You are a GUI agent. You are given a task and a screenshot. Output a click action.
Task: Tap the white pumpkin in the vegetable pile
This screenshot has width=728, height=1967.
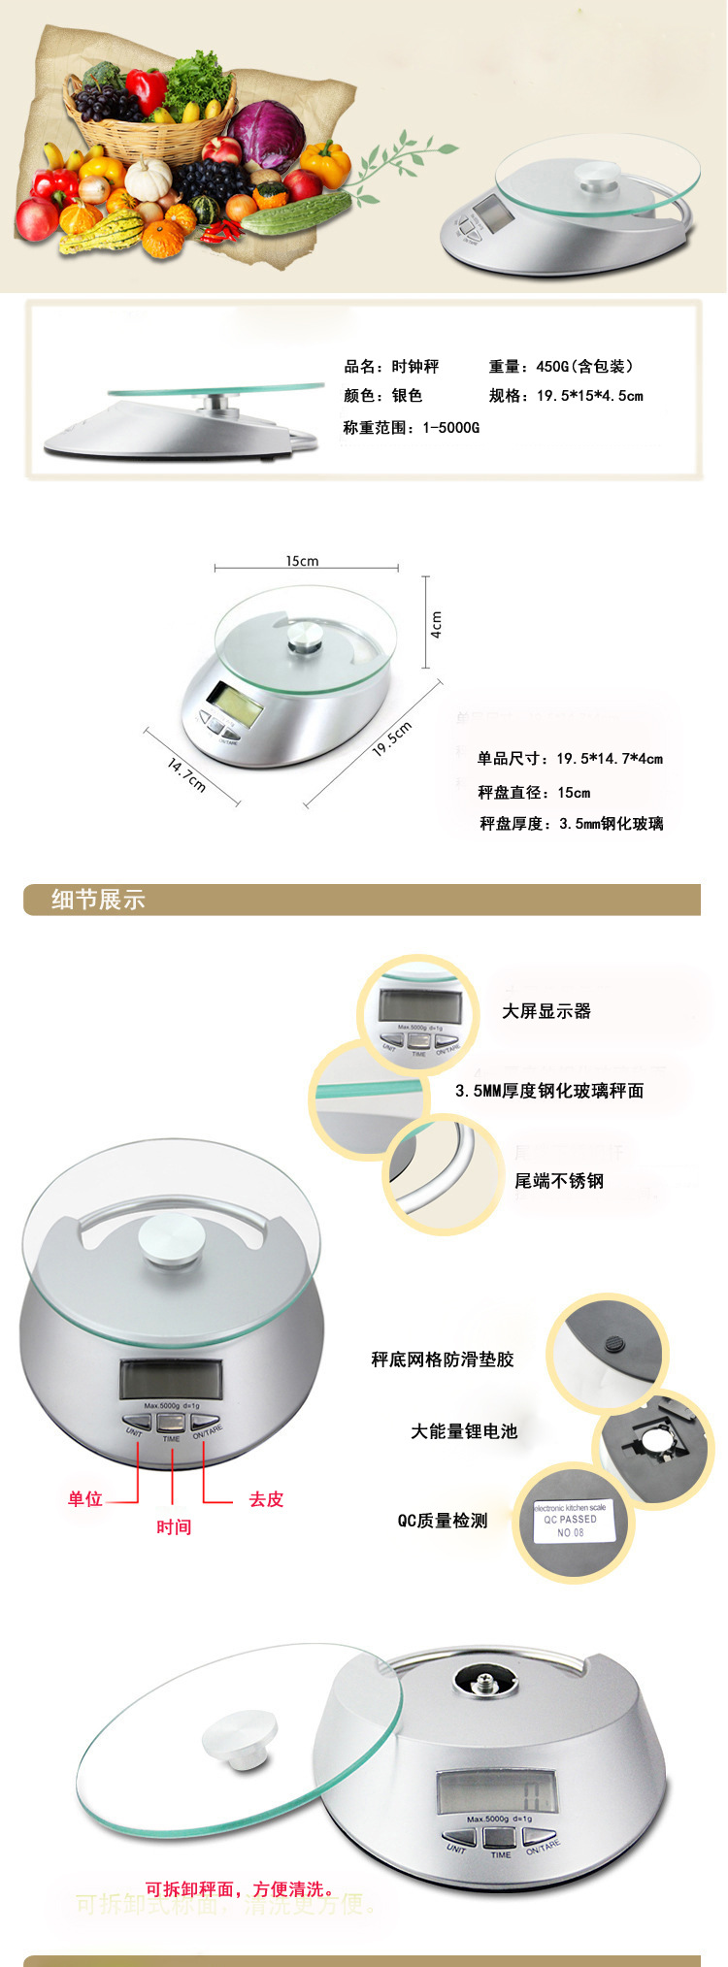pyautogui.click(x=149, y=179)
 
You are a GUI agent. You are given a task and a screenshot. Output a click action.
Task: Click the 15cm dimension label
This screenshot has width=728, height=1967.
pyautogui.click(x=302, y=561)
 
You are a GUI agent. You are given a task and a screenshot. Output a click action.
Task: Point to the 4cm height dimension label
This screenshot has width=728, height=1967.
pyautogui.click(x=437, y=623)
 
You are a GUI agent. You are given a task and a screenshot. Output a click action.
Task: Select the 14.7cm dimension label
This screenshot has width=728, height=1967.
pyautogui.click(x=186, y=774)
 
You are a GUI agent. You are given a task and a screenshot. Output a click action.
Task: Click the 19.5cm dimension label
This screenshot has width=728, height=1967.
pyautogui.click(x=392, y=738)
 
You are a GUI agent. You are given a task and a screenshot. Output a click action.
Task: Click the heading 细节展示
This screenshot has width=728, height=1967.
pyautogui.click(x=98, y=900)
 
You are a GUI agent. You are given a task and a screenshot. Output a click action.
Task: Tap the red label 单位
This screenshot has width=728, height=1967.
pyautogui.click(x=85, y=1499)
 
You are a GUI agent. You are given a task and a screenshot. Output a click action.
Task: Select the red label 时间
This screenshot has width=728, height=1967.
pyautogui.click(x=174, y=1527)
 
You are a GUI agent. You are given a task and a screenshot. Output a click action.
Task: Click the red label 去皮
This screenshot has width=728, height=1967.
pyautogui.click(x=266, y=1499)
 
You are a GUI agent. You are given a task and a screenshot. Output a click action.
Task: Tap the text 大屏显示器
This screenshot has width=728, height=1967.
pyautogui.click(x=546, y=1011)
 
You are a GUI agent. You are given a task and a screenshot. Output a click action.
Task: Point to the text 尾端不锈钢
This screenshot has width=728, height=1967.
pyautogui.click(x=559, y=1181)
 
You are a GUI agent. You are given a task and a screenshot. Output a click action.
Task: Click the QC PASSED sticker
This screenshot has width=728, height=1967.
pyautogui.click(x=571, y=1520)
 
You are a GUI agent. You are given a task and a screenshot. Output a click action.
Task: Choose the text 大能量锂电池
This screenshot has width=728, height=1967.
pyautogui.click(x=464, y=1431)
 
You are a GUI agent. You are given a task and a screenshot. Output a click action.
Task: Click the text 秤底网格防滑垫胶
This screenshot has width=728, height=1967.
pyautogui.click(x=443, y=1360)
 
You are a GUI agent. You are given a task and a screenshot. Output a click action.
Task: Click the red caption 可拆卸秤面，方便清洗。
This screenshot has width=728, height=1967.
pyautogui.click(x=241, y=1889)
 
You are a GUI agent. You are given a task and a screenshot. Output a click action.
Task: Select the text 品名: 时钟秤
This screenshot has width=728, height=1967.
pyautogui.click(x=391, y=367)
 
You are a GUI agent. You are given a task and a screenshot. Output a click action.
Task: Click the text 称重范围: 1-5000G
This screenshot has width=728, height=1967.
pyautogui.click(x=412, y=427)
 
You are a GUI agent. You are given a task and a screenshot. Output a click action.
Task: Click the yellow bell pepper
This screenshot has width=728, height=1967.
pyautogui.click(x=326, y=163)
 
